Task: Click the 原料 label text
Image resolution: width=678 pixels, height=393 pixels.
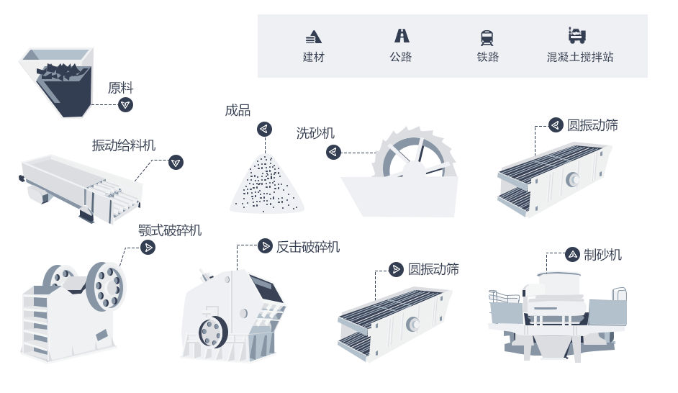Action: [120, 89]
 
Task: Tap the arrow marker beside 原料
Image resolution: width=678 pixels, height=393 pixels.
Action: [126, 105]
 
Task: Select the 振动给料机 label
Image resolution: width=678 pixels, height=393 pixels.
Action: [123, 145]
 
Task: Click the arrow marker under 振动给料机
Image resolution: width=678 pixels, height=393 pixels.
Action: [176, 163]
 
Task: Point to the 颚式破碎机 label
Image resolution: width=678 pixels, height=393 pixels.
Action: [170, 230]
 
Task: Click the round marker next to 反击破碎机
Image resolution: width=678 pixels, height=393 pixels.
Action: [266, 246]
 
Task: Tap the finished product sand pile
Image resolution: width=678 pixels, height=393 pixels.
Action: [267, 184]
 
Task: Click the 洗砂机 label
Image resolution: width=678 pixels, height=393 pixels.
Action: [315, 133]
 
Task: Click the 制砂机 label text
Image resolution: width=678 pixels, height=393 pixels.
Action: [602, 254]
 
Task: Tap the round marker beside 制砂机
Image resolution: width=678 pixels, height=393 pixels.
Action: [572, 254]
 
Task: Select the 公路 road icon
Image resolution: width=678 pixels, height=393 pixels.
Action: [401, 35]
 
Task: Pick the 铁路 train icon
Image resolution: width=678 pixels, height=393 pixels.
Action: [487, 37]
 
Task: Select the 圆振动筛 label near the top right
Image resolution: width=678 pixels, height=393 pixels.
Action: [592, 125]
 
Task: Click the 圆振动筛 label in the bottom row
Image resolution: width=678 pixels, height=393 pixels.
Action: [433, 269]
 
